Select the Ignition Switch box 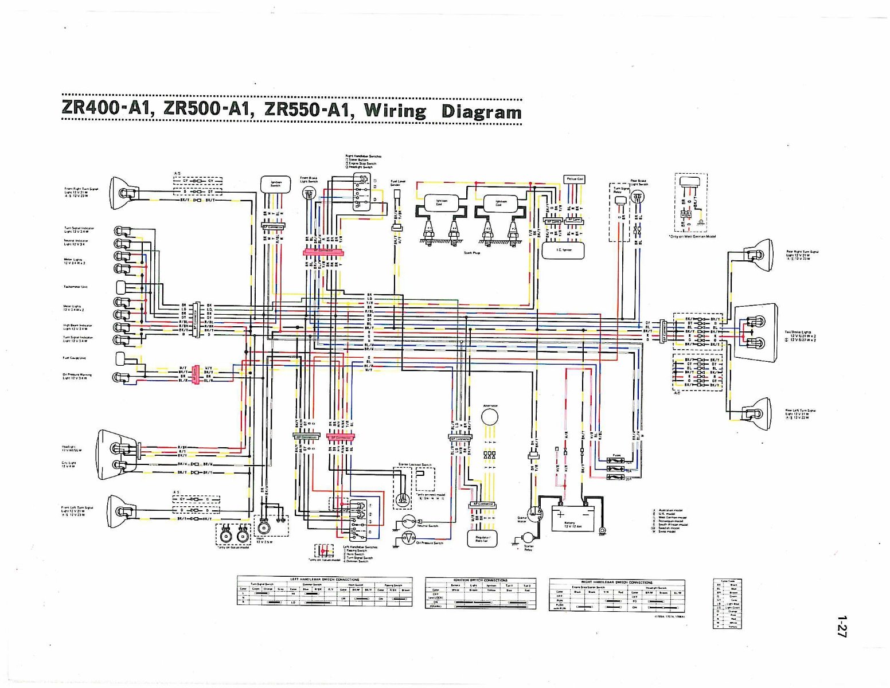click(276, 185)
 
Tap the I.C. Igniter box click(563, 250)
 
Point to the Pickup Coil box click(574, 179)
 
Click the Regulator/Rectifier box click(482, 538)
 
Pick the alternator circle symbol click(490, 417)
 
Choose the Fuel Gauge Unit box click(121, 358)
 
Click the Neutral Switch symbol click(408, 521)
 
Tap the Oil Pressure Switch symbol click(408, 538)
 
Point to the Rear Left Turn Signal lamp click(756, 413)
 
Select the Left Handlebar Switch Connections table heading click(324, 580)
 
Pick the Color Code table click(727, 603)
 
